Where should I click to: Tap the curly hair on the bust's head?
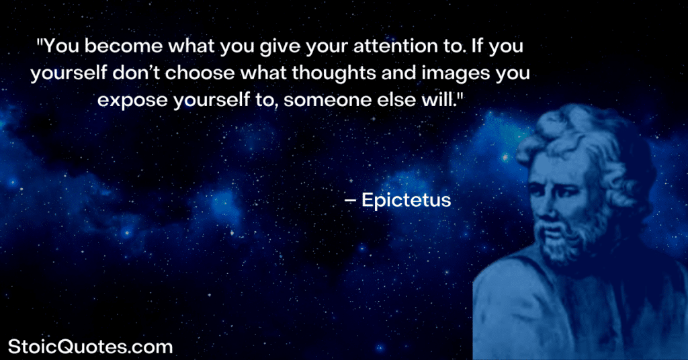pyautogui.click(x=585, y=138)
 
